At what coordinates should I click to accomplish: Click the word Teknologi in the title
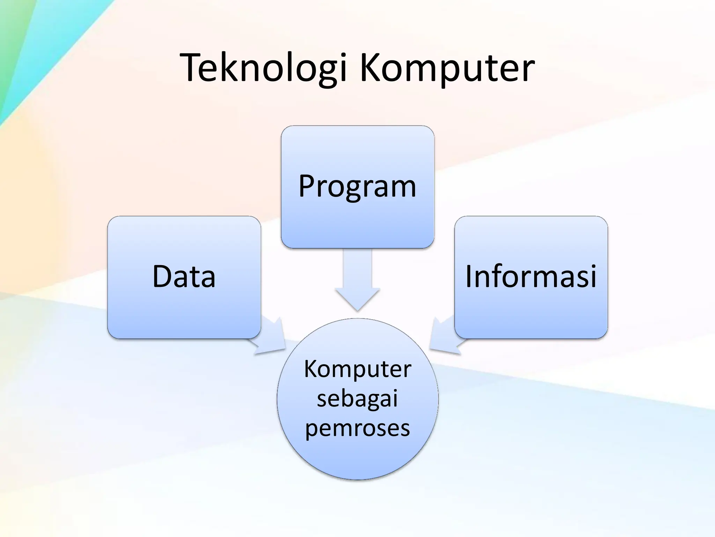(264, 68)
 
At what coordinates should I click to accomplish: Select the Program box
(357, 217)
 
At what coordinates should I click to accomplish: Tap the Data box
(184, 308)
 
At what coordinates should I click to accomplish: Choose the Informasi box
(531, 308)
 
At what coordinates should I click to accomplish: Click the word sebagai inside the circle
(357, 399)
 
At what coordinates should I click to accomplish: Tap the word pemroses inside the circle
(357, 428)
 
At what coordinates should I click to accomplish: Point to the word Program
(357, 186)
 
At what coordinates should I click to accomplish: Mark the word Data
(184, 276)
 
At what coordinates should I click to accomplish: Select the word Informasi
(531, 276)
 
